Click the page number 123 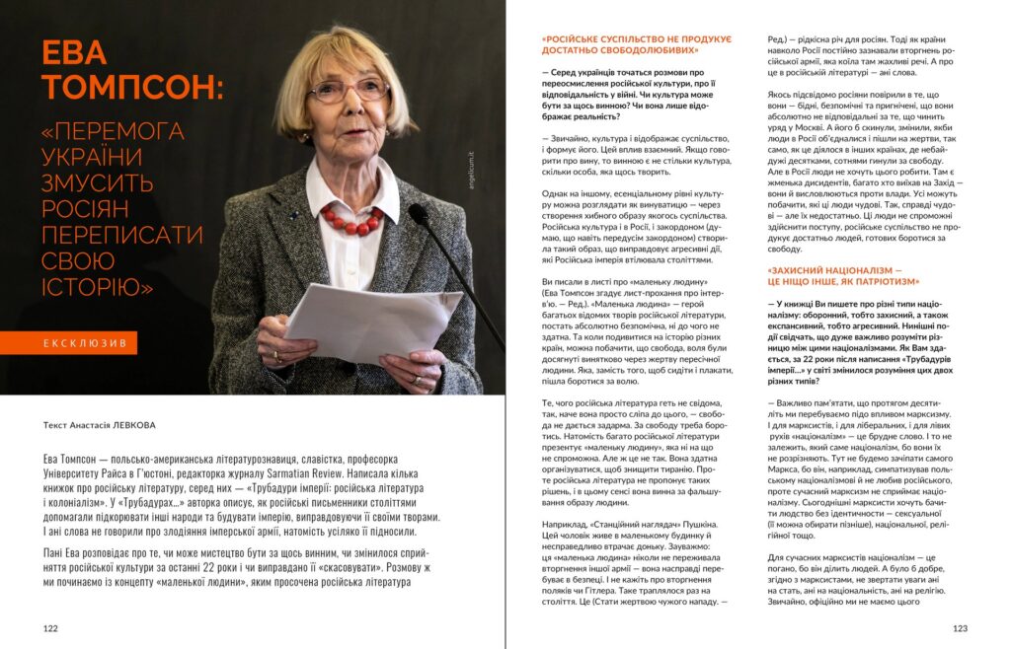pos(960,628)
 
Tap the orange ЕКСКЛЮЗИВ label pos(83,343)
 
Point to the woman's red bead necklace pos(351,218)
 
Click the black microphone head pos(419,214)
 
